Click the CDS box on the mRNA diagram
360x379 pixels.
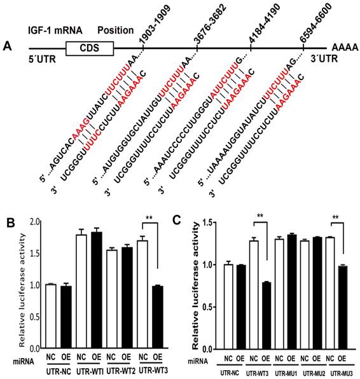coord(89,48)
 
